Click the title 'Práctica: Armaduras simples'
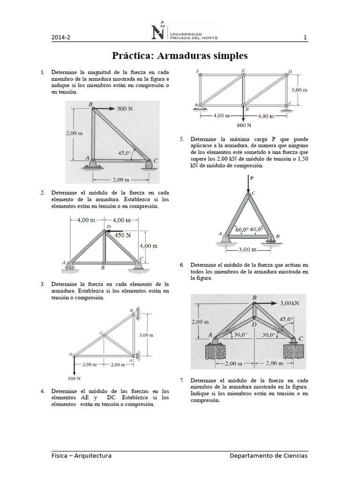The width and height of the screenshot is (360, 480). pyautogui.click(x=180, y=56)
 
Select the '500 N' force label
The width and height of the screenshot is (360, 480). pyautogui.click(x=125, y=108)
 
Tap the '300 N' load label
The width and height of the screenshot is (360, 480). pyautogui.click(x=74, y=378)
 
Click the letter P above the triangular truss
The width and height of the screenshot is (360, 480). pyautogui.click(x=251, y=178)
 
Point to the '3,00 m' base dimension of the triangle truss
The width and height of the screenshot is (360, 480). pyautogui.click(x=247, y=250)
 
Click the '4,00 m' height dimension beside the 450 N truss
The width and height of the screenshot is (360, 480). pyautogui.click(x=148, y=246)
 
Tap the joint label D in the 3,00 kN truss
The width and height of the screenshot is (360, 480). pyautogui.click(x=254, y=324)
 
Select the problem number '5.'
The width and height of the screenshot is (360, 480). pyautogui.click(x=182, y=140)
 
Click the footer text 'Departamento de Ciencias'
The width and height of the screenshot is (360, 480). pyautogui.click(x=269, y=456)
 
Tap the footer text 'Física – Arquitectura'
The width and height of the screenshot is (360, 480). pyautogui.click(x=82, y=456)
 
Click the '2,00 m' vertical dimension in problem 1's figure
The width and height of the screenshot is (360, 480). pyautogui.click(x=74, y=133)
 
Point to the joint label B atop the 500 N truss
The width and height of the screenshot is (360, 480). pyautogui.click(x=90, y=104)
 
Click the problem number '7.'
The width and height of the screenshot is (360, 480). pyautogui.click(x=182, y=380)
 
